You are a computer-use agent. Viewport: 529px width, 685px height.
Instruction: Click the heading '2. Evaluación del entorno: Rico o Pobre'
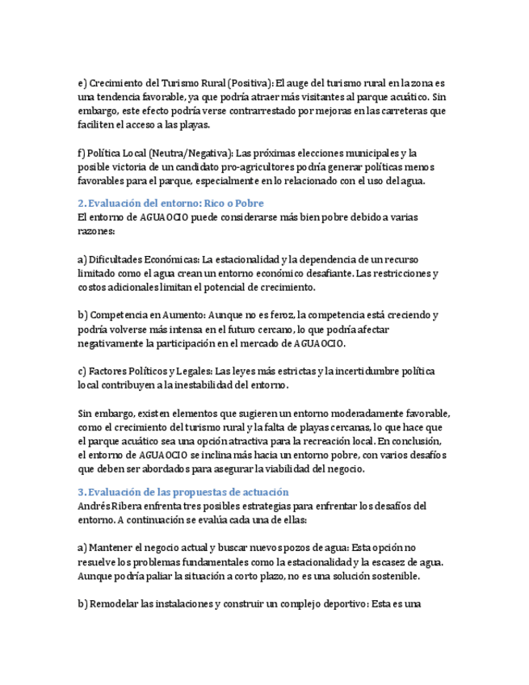click(x=171, y=203)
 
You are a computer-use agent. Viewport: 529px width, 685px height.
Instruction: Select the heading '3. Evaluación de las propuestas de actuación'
click(x=183, y=492)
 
